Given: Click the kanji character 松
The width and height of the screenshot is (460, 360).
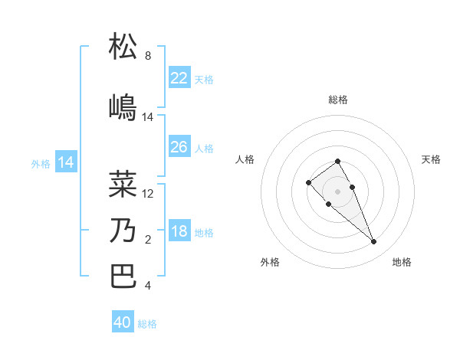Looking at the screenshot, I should (x=123, y=46).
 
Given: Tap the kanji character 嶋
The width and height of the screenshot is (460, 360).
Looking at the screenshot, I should (x=123, y=107).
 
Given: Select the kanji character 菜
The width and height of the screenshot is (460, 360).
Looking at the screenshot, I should (x=123, y=184).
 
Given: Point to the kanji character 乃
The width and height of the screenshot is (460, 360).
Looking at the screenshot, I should (x=123, y=230).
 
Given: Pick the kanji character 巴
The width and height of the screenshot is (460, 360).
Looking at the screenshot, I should (x=123, y=276).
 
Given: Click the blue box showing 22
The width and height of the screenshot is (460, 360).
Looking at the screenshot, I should (x=179, y=77).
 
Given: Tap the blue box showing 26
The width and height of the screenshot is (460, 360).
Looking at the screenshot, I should (x=179, y=147).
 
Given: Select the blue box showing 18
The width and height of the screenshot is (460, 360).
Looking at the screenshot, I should (x=179, y=231).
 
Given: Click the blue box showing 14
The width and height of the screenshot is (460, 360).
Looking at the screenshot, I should (x=66, y=162).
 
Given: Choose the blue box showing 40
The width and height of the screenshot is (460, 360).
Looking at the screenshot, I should (x=123, y=322).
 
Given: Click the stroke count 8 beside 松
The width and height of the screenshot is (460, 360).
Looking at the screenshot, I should (x=148, y=56).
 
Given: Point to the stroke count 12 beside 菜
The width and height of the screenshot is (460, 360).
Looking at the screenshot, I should (x=148, y=194).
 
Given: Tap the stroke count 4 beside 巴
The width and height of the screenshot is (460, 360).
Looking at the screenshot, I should (x=148, y=286).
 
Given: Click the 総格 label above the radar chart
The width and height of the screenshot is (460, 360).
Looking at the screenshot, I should (x=338, y=100).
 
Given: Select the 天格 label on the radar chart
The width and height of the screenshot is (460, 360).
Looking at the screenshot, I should (x=431, y=159).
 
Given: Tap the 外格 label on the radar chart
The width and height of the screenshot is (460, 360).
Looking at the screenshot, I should (x=270, y=262).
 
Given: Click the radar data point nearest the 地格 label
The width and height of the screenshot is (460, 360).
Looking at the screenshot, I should (x=373, y=242).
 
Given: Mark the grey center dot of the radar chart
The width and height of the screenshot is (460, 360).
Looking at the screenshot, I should (x=338, y=191).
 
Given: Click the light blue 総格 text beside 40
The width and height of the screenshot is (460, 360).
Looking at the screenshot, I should (x=147, y=324).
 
